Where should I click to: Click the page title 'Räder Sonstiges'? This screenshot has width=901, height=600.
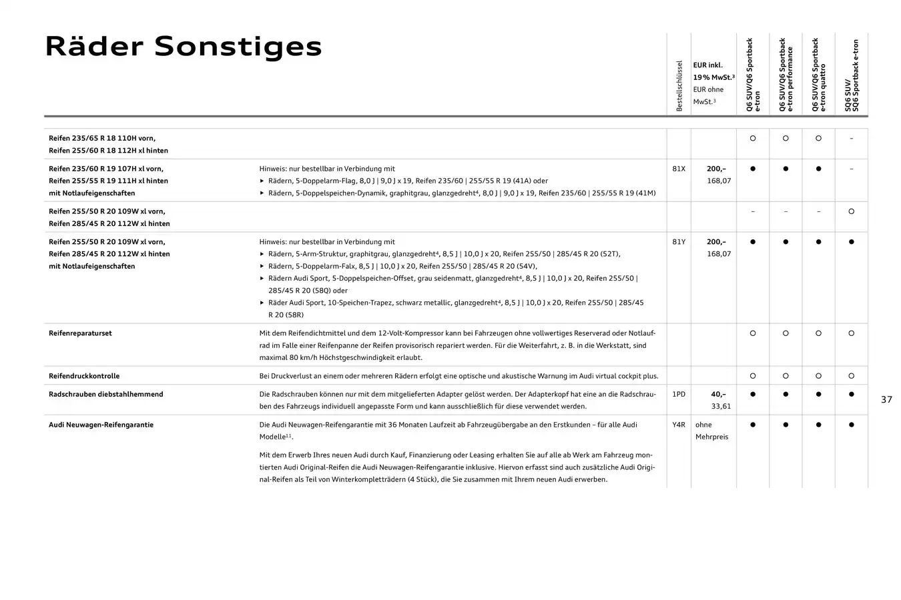(x=183, y=47)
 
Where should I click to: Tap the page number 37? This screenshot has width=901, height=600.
(x=886, y=399)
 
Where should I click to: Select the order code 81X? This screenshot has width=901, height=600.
(x=678, y=169)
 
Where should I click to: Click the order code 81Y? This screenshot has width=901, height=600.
(x=678, y=242)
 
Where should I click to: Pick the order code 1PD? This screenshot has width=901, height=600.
(x=678, y=394)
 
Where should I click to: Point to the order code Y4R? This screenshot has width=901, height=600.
(x=678, y=425)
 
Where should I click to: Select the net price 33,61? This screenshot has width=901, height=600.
(x=721, y=406)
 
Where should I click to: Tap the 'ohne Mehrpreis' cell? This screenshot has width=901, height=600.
(x=711, y=431)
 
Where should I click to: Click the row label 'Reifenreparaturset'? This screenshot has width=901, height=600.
(x=80, y=333)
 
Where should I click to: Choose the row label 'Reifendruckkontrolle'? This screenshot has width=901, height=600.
(x=84, y=376)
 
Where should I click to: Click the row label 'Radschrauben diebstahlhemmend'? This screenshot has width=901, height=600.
(x=105, y=394)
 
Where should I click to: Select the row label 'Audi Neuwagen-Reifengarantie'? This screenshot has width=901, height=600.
(x=101, y=425)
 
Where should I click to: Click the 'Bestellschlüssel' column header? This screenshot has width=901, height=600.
(x=679, y=85)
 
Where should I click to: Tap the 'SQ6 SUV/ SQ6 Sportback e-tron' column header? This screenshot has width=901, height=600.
(x=851, y=75)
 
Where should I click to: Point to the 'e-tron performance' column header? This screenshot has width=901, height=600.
(x=786, y=75)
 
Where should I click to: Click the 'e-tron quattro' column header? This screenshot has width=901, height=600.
(x=818, y=75)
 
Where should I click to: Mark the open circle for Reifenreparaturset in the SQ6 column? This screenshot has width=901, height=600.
(x=851, y=333)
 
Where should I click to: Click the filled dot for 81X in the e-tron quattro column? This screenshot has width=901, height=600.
(x=818, y=169)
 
